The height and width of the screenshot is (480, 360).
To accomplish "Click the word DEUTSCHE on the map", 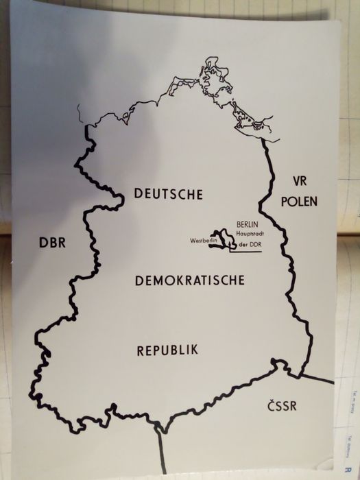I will (x=169, y=194).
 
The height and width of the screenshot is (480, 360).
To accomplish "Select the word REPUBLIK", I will (x=168, y=350).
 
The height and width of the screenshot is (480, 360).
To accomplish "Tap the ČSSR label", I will (x=282, y=407).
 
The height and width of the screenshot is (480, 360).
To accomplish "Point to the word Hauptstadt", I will (x=251, y=235).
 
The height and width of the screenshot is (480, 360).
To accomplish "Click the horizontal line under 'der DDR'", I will (x=245, y=252).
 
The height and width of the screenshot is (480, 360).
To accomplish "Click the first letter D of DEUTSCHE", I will (x=139, y=194).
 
